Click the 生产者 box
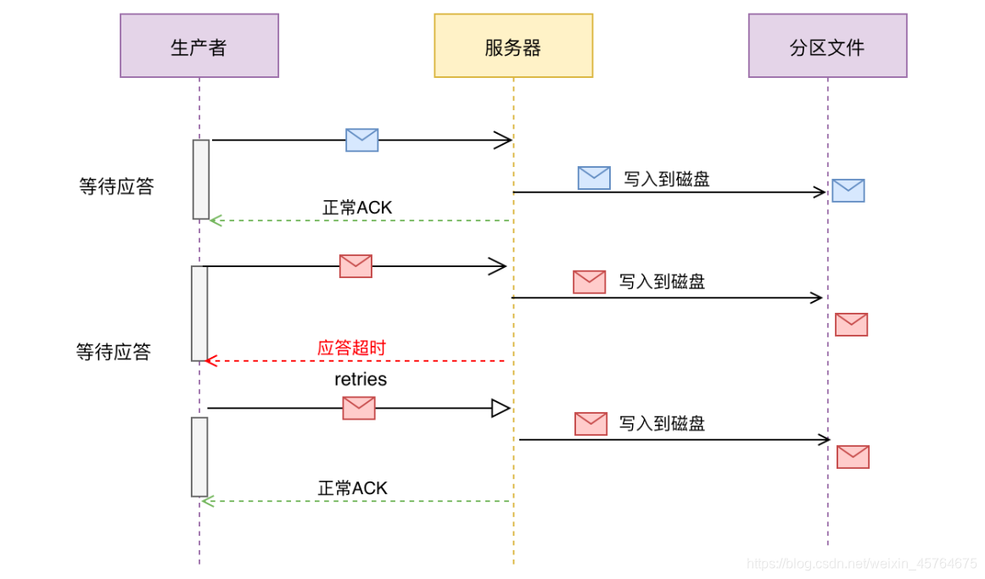coord(199,46)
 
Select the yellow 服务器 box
coord(513,46)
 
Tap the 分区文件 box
coord(827,46)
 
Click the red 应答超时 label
coord(351,348)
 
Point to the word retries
coord(361,379)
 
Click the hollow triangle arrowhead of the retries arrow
coord(501,409)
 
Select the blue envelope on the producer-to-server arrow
coord(361,140)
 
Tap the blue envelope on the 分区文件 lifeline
coord(848,191)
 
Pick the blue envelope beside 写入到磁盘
coord(594,177)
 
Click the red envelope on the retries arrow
coord(359,408)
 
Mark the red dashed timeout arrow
coord(356,361)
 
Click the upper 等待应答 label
coord(117,187)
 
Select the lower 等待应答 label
coord(114,352)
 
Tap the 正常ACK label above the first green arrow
coord(357,207)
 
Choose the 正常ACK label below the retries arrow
coord(352,487)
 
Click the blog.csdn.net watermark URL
coord(859,564)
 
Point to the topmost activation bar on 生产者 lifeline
coord(201,179)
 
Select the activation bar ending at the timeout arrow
coord(199,313)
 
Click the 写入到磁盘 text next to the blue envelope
coord(667,179)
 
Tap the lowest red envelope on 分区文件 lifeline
coord(853,457)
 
